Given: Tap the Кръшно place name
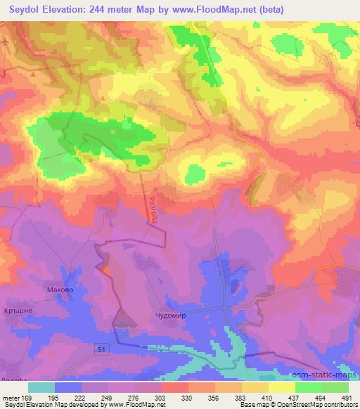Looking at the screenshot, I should click(x=19, y=309).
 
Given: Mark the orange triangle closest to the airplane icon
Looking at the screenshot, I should click(x=103, y=98).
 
